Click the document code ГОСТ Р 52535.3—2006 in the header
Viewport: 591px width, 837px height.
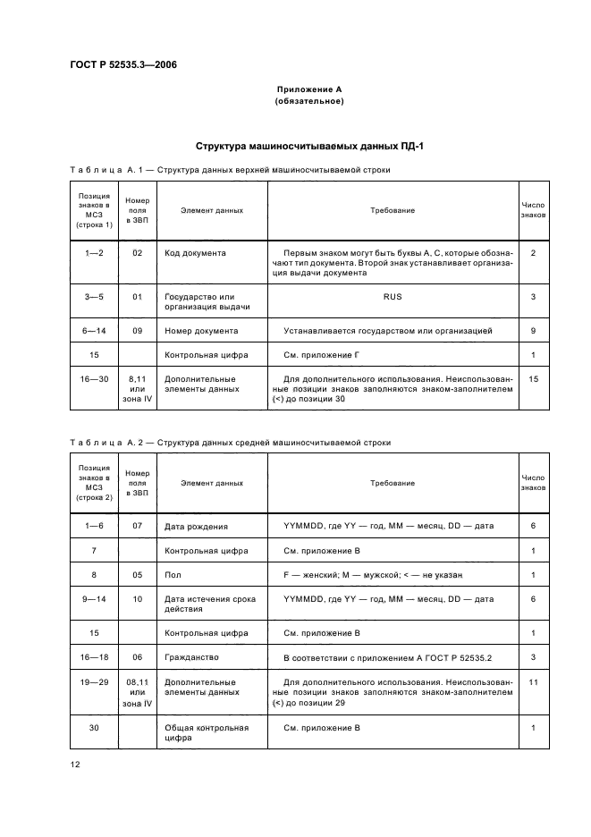(122, 65)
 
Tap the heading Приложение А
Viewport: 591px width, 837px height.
(309, 90)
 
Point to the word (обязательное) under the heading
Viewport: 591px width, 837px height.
(309, 101)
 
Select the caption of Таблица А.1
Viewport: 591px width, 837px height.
(230, 169)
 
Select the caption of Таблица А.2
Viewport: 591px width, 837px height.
(230, 442)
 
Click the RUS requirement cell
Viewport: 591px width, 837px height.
(393, 296)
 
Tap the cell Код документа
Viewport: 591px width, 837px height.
(195, 253)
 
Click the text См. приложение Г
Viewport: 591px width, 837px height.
(321, 355)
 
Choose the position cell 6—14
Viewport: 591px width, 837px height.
(95, 331)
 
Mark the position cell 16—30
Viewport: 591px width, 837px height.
(95, 379)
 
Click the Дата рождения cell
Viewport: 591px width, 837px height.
(196, 526)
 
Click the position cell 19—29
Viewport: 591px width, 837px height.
(95, 681)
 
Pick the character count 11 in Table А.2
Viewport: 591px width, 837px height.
(533, 681)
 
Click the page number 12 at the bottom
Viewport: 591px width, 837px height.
(76, 764)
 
